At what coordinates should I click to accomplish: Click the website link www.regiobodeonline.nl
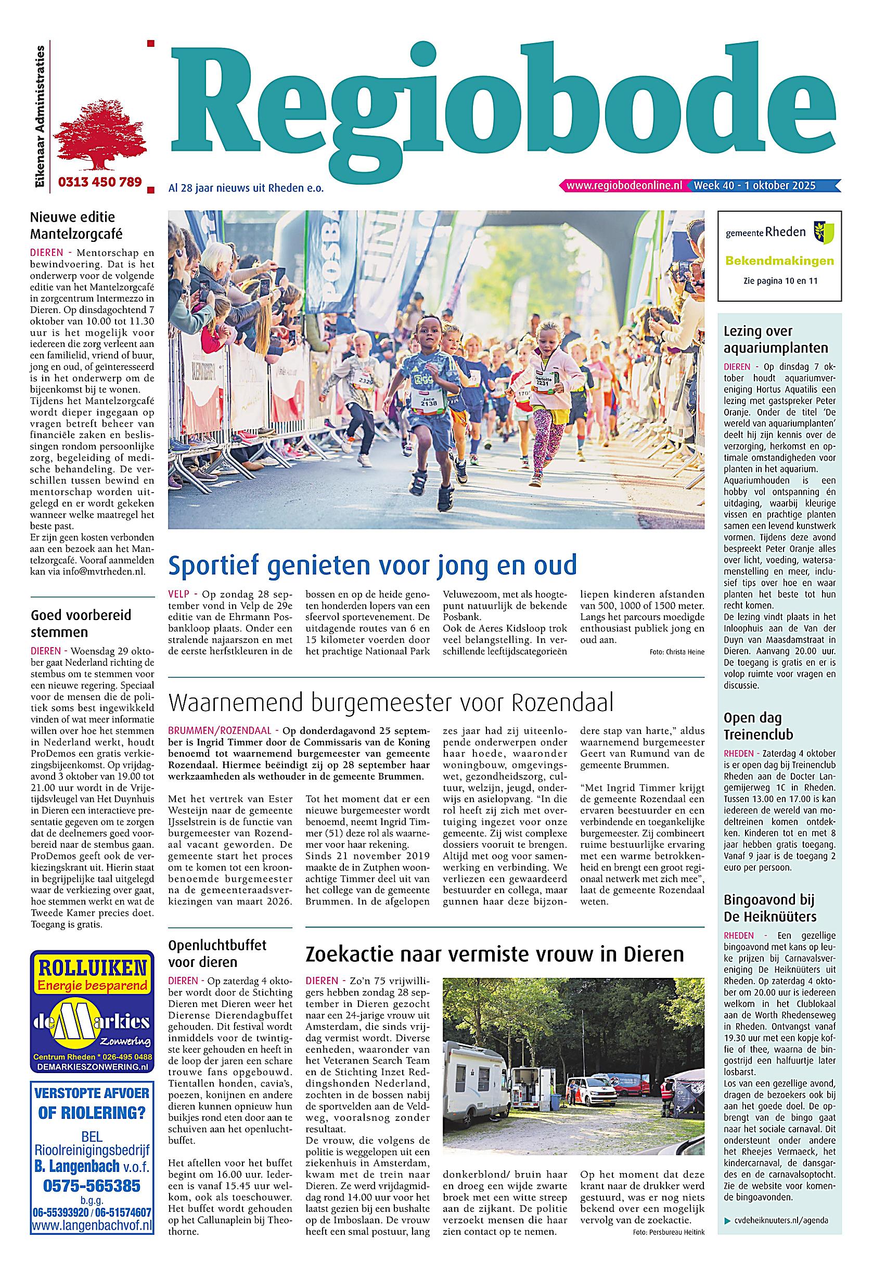(x=624, y=186)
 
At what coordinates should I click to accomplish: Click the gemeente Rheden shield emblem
(x=824, y=231)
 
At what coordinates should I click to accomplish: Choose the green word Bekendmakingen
(x=779, y=261)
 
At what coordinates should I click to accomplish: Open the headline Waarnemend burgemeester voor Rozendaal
(x=391, y=703)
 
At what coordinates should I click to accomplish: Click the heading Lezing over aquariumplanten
(x=776, y=339)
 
